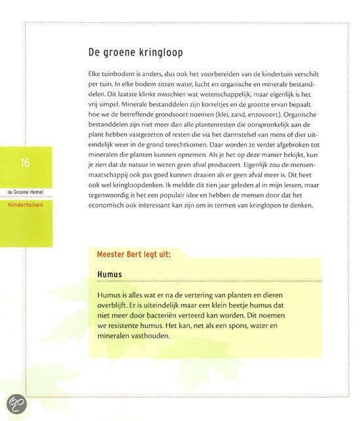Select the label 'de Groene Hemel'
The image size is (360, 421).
[26, 192]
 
